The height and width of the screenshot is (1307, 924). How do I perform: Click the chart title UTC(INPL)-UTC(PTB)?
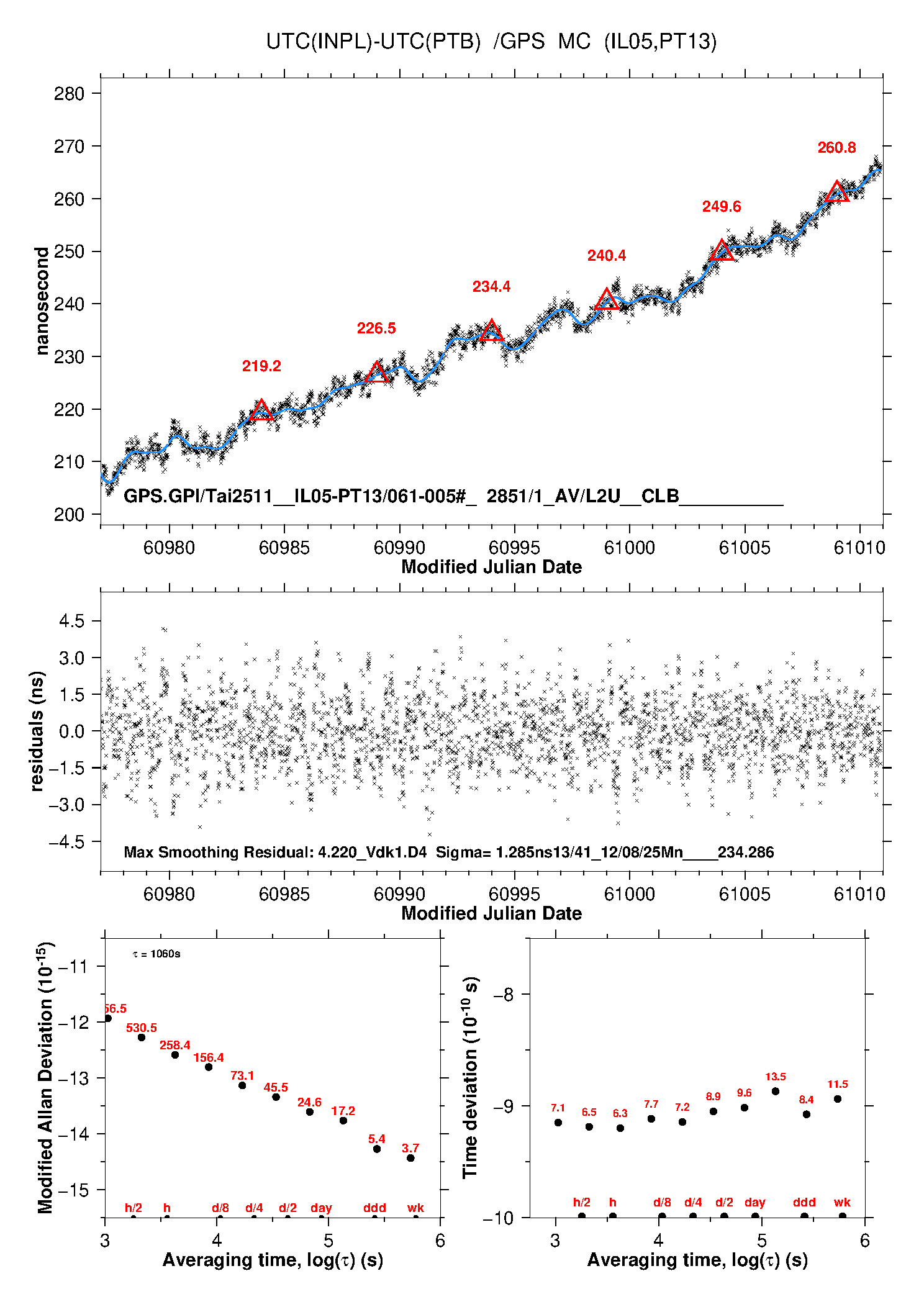(x=373, y=42)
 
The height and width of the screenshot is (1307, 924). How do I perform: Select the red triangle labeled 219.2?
(x=261, y=410)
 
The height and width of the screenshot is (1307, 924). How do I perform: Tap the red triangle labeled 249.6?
(x=722, y=250)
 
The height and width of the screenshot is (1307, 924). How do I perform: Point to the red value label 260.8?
(x=836, y=148)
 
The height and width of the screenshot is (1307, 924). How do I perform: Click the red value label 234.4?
(x=491, y=287)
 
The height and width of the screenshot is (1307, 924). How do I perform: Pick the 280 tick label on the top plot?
(x=69, y=94)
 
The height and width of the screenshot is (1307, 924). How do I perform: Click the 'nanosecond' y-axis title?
(x=42, y=301)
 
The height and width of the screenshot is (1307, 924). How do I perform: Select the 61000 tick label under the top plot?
(x=629, y=548)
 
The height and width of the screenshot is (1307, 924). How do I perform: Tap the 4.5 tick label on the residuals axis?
(x=71, y=621)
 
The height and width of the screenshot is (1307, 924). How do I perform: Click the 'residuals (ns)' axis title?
(x=37, y=731)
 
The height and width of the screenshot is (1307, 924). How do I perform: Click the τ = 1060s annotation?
(x=156, y=954)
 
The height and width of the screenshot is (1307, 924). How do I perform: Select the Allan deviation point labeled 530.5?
(x=142, y=1038)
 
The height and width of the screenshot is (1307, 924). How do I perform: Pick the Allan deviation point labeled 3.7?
(x=410, y=1158)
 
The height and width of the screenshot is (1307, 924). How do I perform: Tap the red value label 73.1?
(x=242, y=1075)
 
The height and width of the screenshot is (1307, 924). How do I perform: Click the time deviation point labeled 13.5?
(x=776, y=1092)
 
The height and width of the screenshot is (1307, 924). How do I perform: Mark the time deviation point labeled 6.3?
(x=620, y=1128)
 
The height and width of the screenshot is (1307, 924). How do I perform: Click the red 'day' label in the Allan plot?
(x=321, y=1208)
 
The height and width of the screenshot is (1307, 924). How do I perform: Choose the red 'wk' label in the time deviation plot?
(x=842, y=1203)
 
